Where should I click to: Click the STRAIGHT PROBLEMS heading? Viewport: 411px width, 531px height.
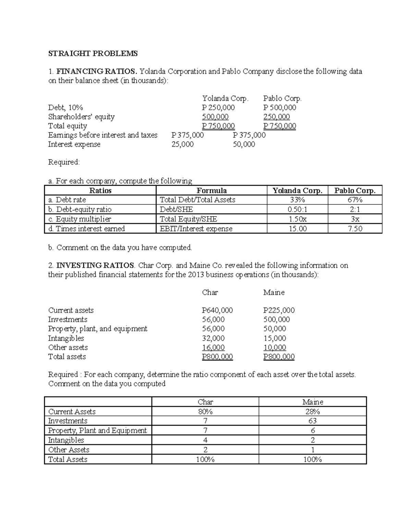tap(92, 53)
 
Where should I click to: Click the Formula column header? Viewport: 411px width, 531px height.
tap(211, 190)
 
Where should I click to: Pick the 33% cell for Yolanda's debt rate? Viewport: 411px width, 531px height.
tap(297, 200)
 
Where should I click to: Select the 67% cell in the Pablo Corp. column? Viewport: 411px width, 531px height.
tap(355, 200)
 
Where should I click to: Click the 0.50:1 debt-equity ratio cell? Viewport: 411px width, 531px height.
tap(297, 209)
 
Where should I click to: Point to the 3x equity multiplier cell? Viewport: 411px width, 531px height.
tap(355, 219)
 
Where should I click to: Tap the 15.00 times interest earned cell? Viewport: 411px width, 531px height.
tap(297, 228)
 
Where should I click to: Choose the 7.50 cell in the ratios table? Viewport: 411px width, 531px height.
tap(355, 228)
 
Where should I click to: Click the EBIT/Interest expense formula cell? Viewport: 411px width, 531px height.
tap(196, 228)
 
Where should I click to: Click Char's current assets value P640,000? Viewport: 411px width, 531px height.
tap(217, 310)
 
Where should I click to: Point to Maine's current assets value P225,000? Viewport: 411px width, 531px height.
tap(279, 310)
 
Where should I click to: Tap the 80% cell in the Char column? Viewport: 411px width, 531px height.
tap(205, 411)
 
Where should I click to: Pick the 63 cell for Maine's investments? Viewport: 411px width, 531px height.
tap(312, 421)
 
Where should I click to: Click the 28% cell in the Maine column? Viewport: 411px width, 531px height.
tap(312, 411)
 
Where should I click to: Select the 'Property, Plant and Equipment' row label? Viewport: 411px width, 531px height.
tap(97, 430)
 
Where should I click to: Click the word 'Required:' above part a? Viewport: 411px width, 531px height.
tap(64, 162)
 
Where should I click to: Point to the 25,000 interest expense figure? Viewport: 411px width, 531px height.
tap(183, 144)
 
